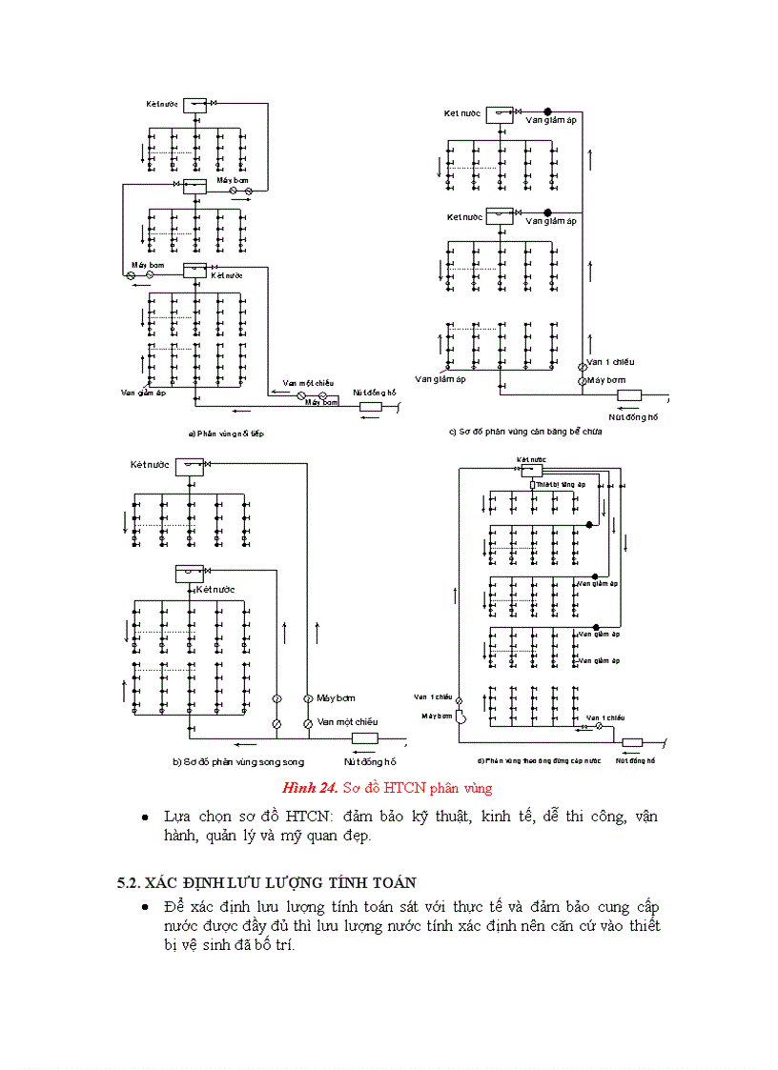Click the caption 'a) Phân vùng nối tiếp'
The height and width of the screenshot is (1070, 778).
[x=225, y=434]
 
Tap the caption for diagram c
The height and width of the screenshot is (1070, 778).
[x=525, y=431]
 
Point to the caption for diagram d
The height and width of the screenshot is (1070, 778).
[x=539, y=760]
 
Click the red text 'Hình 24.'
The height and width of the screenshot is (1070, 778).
[x=310, y=788]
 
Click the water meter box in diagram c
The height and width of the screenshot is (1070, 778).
[x=629, y=394]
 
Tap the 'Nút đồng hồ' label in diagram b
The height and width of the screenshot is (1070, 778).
[x=370, y=761]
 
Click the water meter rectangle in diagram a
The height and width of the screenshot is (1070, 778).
[x=370, y=407]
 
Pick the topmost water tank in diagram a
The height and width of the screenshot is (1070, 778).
[x=195, y=106]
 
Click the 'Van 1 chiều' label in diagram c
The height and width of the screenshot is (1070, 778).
[x=610, y=362]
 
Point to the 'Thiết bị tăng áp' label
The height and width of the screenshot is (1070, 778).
[x=560, y=484]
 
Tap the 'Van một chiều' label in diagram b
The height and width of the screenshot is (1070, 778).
[x=348, y=721]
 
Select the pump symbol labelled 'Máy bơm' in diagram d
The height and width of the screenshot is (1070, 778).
[x=458, y=717]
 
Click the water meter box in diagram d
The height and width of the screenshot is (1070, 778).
[x=631, y=742]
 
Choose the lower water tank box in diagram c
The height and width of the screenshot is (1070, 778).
[x=500, y=216]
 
